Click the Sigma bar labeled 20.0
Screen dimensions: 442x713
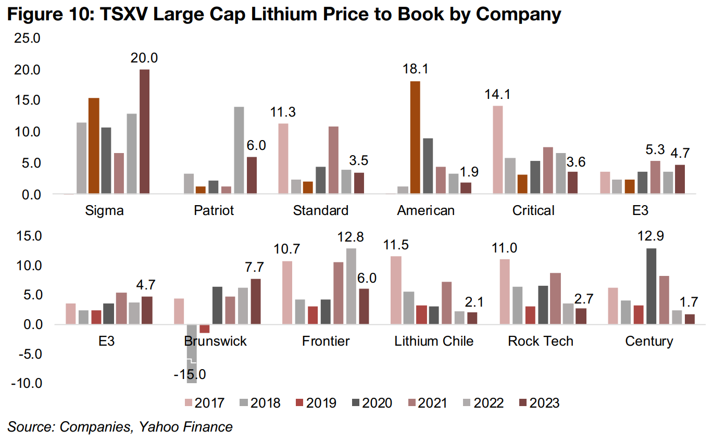(144, 132)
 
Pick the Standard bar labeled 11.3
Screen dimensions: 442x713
(283, 159)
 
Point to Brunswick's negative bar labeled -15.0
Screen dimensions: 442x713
(192, 353)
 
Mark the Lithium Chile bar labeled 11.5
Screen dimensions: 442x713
(396, 290)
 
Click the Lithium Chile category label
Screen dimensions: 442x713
(434, 341)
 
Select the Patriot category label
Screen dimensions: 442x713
(214, 210)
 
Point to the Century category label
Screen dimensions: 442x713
(649, 341)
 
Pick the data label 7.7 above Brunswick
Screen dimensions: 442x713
(254, 268)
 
